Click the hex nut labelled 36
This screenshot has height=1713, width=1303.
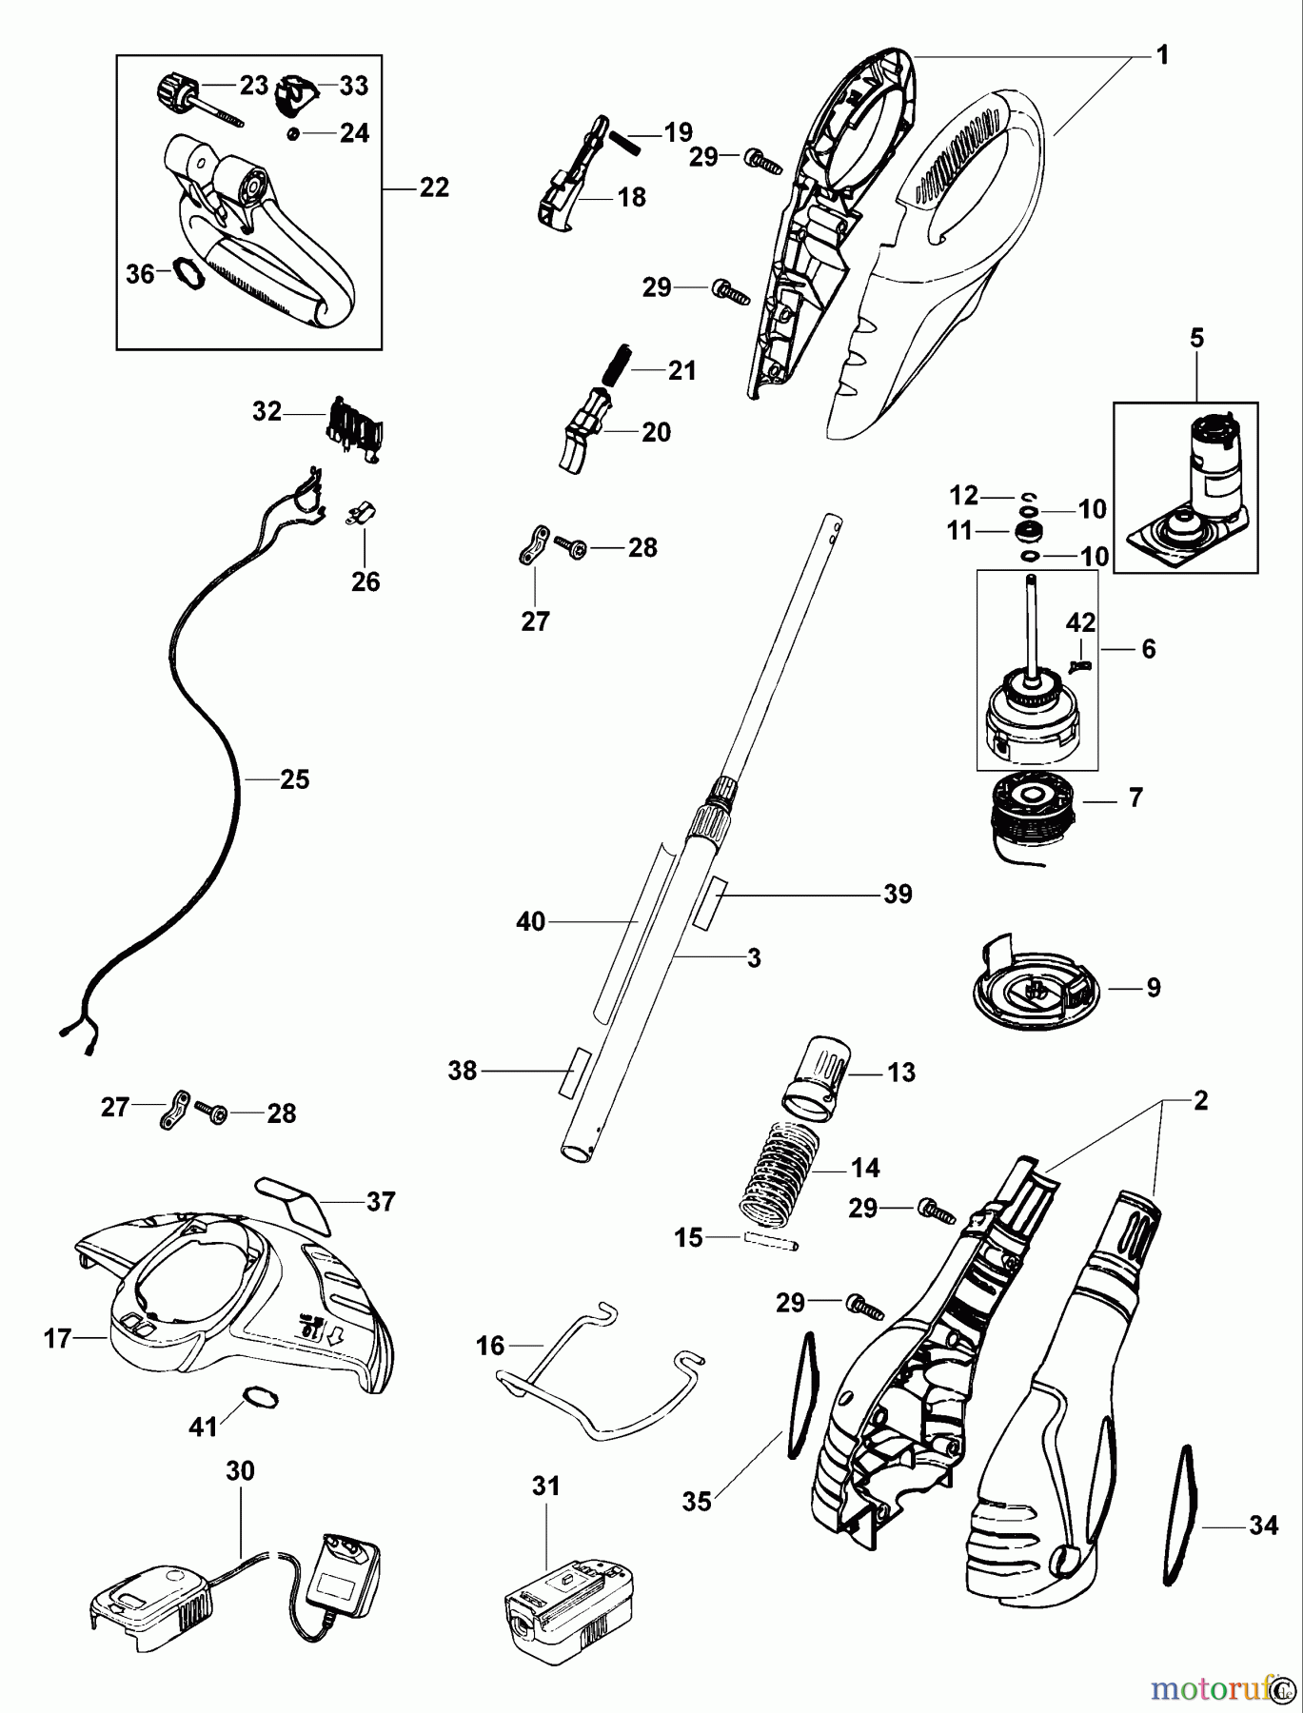[x=187, y=273]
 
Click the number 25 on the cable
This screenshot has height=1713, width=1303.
[x=295, y=779]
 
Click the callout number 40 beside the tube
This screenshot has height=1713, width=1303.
[x=530, y=921]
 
